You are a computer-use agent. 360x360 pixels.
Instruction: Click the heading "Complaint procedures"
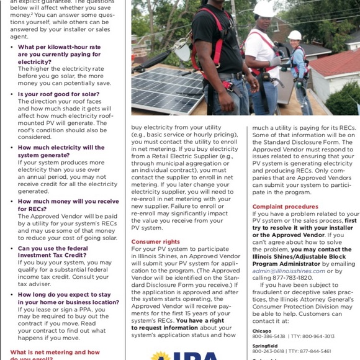tap(285, 207)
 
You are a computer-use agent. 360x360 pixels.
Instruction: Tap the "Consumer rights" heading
tap(155, 241)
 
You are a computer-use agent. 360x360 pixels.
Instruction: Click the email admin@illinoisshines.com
tap(289, 271)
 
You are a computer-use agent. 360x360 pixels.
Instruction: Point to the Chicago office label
tap(261, 330)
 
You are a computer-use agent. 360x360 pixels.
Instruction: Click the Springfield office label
tap(265, 345)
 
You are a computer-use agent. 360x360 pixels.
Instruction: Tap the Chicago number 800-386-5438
tap(269, 336)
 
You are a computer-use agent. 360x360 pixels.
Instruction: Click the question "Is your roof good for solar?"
tap(58, 94)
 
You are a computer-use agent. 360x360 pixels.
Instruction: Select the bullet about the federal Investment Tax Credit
tap(53, 251)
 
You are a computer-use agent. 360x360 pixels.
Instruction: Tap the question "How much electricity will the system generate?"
tap(61, 151)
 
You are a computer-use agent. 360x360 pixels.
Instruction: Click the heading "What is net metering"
tap(55, 353)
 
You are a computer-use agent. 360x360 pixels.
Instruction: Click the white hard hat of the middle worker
tap(264, 9)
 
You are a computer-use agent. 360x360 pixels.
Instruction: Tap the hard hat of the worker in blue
tap(294, 35)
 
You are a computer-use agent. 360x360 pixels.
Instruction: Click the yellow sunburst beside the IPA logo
tap(160, 356)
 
